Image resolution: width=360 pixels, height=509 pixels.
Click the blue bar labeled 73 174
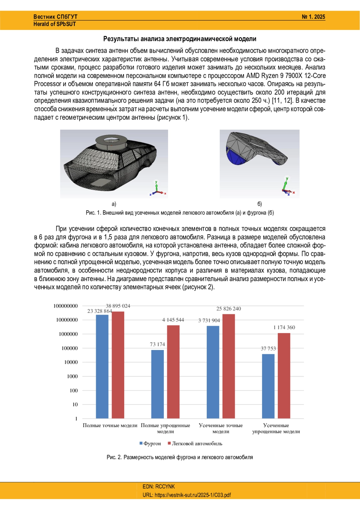(157, 384)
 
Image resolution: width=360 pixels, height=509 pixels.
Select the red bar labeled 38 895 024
(118, 365)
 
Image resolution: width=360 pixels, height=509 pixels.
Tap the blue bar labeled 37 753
(268, 386)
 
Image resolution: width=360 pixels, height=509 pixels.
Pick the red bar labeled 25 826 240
(229, 366)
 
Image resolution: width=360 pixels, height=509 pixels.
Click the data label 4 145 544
(173, 320)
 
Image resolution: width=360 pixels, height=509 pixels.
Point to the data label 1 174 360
(284, 328)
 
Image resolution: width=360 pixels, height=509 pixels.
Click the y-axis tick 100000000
(65, 306)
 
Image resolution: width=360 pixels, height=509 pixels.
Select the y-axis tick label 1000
(72, 376)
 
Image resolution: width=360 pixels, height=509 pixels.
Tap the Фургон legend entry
(150, 444)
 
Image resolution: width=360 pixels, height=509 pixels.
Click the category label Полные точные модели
(110, 426)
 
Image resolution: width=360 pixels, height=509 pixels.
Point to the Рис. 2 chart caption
(180, 457)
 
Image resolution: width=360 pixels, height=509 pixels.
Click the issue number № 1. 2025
(313, 17)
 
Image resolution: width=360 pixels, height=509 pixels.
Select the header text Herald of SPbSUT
(55, 24)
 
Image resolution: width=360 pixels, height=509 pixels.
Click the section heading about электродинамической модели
(180, 39)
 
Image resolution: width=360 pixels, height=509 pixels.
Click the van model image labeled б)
(259, 163)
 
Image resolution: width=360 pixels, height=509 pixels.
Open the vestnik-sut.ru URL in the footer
(187, 495)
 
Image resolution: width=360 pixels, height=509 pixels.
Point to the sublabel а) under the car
(114, 204)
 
